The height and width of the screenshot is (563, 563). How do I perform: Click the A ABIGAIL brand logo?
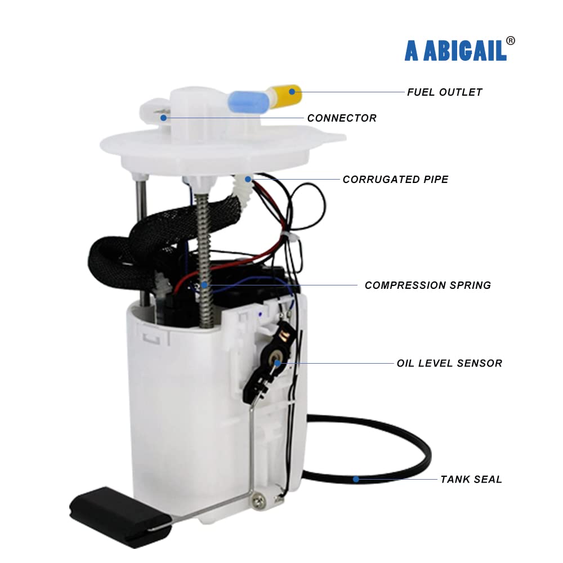(455, 50)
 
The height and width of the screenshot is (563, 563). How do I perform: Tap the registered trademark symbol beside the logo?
(510, 41)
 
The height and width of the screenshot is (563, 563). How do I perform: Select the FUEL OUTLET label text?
(444, 92)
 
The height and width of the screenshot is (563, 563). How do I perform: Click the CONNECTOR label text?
(342, 118)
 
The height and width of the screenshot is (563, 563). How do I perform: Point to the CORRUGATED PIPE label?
(395, 180)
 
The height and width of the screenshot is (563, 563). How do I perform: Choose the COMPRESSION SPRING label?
(427, 285)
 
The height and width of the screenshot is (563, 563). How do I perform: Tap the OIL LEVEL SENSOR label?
(449, 363)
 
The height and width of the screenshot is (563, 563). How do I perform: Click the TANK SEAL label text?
(471, 480)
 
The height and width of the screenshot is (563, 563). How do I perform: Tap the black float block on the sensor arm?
(115, 515)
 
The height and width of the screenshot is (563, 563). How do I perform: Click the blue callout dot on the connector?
(163, 118)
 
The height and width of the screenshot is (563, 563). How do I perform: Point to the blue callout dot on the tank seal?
(356, 480)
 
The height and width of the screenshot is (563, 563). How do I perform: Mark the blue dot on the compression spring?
(205, 285)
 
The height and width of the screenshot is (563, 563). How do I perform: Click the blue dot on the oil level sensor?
(278, 363)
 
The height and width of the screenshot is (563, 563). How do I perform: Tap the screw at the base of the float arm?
(259, 499)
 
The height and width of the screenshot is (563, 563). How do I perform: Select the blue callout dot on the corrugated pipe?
(248, 180)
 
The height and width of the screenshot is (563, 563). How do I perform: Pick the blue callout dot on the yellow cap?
(292, 91)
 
